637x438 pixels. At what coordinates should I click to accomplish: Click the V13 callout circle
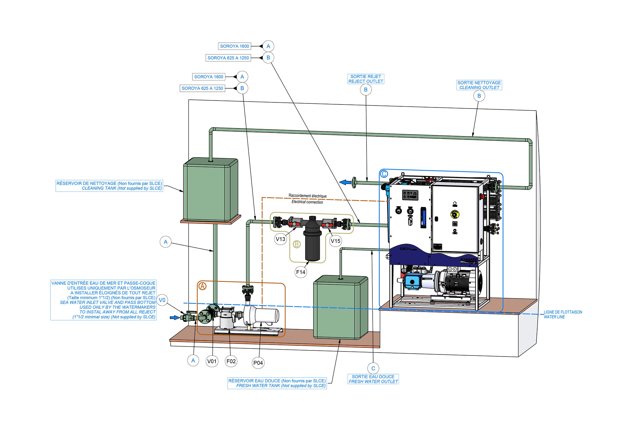tap(280, 239)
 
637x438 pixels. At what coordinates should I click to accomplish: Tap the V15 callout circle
tap(335, 241)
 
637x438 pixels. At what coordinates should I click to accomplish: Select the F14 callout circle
tap(301, 272)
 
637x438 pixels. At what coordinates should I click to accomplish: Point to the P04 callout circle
tap(258, 363)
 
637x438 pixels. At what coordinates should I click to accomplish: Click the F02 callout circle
tap(231, 361)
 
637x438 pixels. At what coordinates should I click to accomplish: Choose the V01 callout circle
tap(212, 361)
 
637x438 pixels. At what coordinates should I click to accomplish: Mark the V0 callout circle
tap(162, 300)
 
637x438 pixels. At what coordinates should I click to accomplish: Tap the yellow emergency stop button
tap(455, 214)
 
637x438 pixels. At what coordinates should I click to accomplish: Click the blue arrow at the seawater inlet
tap(174, 318)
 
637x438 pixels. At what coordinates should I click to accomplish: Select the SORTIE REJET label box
tap(365, 79)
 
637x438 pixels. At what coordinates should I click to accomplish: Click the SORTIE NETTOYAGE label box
tap(479, 85)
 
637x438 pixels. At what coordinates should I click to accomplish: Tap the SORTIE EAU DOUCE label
tap(373, 379)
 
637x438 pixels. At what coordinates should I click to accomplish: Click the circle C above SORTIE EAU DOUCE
tap(373, 368)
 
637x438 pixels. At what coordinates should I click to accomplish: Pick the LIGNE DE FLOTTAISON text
tap(563, 312)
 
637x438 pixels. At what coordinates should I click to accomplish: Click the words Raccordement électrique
tap(308, 196)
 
